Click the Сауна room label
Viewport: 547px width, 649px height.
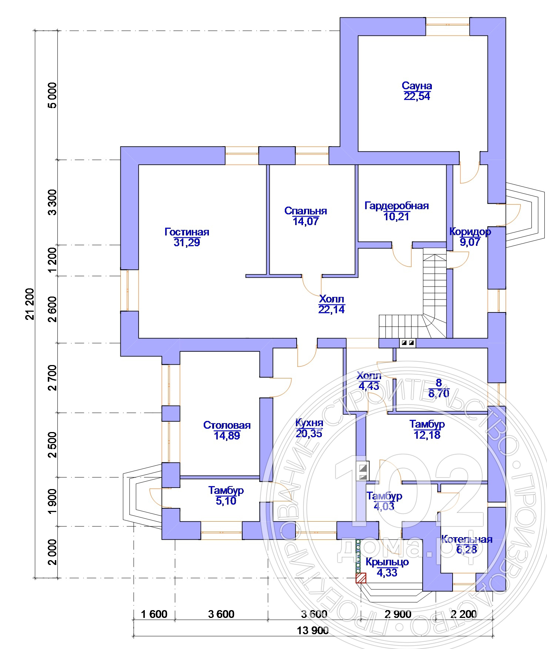(x=417, y=86)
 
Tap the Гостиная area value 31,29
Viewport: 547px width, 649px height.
(x=187, y=242)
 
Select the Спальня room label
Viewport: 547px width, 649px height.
(x=306, y=211)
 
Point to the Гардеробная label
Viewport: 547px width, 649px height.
(x=397, y=205)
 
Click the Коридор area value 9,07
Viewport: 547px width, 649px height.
(x=470, y=242)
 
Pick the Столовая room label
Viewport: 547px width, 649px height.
(x=227, y=425)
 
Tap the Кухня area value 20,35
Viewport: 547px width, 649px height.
(x=309, y=433)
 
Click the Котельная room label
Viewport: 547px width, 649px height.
(x=467, y=539)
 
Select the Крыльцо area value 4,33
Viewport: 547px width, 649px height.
(x=387, y=572)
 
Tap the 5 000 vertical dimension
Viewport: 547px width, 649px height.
(x=53, y=95)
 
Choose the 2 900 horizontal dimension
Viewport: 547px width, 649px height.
(x=398, y=614)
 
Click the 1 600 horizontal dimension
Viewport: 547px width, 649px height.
(x=154, y=614)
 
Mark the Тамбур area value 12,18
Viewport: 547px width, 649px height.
(x=427, y=435)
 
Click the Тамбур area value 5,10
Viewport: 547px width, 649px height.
(x=226, y=501)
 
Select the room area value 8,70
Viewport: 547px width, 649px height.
(x=439, y=393)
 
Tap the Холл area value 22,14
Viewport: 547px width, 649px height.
(x=331, y=309)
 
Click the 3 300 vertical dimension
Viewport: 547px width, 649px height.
(x=53, y=202)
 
